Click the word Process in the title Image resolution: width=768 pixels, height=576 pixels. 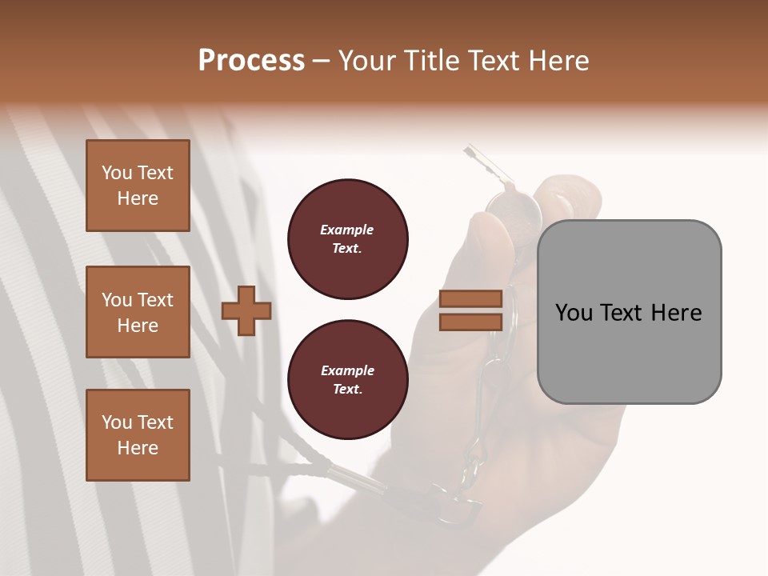[251, 61]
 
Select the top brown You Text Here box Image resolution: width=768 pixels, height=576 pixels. [138, 186]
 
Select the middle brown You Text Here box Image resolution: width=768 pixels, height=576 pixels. [138, 312]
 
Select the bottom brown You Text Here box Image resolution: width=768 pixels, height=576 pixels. [138, 435]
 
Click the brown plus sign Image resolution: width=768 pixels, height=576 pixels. [246, 312]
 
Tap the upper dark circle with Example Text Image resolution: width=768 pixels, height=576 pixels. [348, 239]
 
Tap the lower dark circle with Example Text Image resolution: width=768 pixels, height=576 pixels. [348, 380]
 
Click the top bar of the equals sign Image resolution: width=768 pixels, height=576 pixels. [471, 299]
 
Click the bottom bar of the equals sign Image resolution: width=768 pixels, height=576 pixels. [471, 322]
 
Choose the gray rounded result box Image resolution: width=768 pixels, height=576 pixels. [629, 312]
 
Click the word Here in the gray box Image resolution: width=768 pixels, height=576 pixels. [676, 313]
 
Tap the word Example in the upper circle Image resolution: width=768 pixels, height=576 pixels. [347, 230]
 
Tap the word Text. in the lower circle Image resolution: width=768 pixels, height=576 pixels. [347, 390]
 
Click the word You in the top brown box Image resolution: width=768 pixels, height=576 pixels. [117, 173]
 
